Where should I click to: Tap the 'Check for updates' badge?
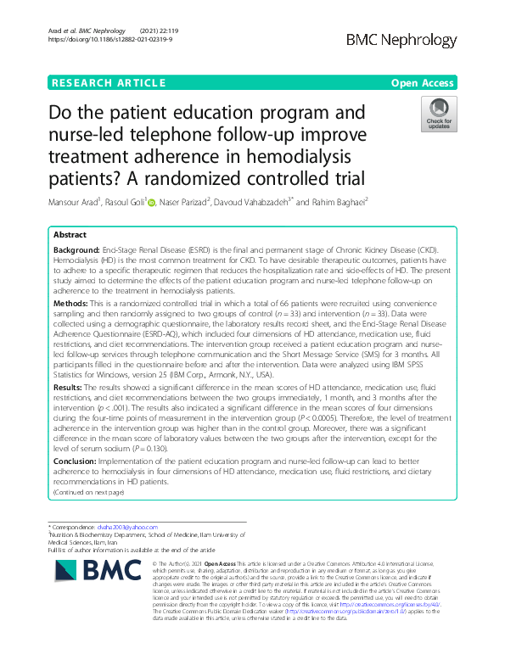click(439, 115)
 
